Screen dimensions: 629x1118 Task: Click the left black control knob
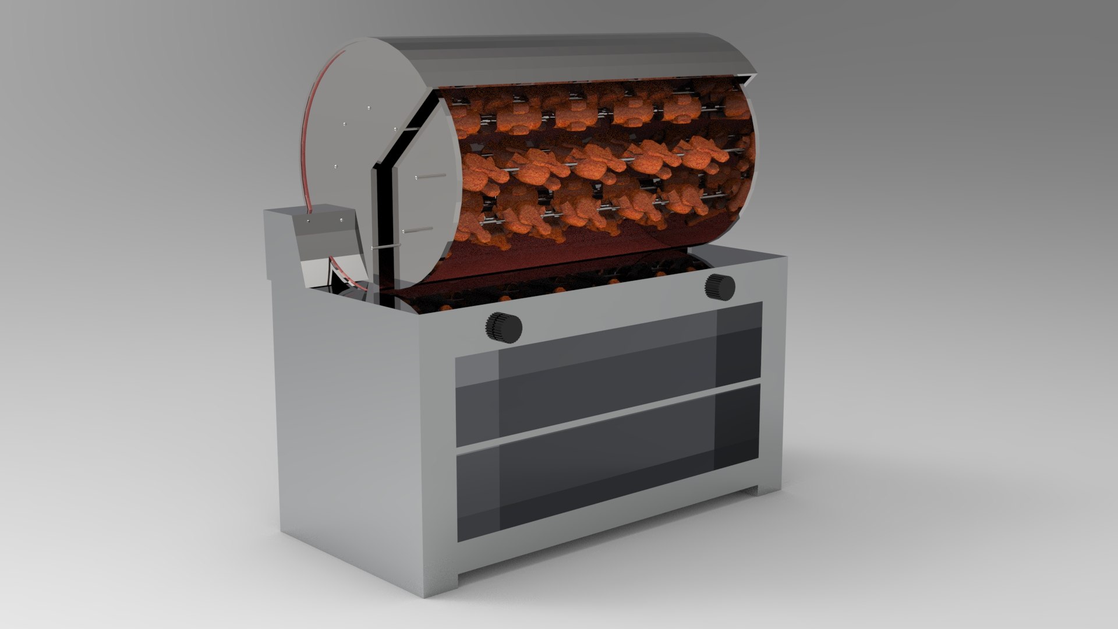[504, 327]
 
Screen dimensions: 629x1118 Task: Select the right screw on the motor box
[339, 220]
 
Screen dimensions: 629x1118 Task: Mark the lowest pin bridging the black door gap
[384, 248]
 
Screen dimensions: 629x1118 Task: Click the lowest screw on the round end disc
[336, 167]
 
